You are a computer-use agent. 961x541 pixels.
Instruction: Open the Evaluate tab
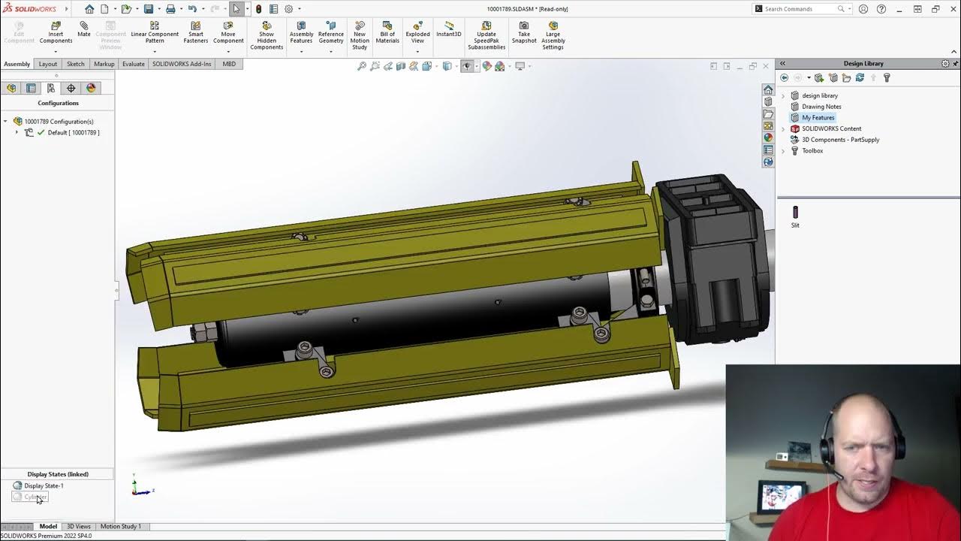pyautogui.click(x=133, y=64)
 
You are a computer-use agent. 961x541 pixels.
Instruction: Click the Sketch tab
pyautogui.click(x=75, y=64)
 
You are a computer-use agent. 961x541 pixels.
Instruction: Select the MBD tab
pyautogui.click(x=229, y=64)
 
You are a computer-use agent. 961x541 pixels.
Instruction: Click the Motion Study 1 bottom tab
pyautogui.click(x=120, y=526)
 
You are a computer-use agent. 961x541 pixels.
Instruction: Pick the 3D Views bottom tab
pyautogui.click(x=78, y=526)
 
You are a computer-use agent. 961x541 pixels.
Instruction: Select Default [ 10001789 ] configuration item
pyautogui.click(x=73, y=132)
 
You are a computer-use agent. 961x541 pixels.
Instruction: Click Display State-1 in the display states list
pyautogui.click(x=44, y=485)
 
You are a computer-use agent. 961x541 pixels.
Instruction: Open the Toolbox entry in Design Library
pyautogui.click(x=812, y=150)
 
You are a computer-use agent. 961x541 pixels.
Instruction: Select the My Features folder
pyautogui.click(x=818, y=117)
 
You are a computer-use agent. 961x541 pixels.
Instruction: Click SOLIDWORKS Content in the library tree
pyautogui.click(x=831, y=128)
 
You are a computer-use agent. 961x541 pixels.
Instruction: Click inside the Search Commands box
pyautogui.click(x=799, y=9)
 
